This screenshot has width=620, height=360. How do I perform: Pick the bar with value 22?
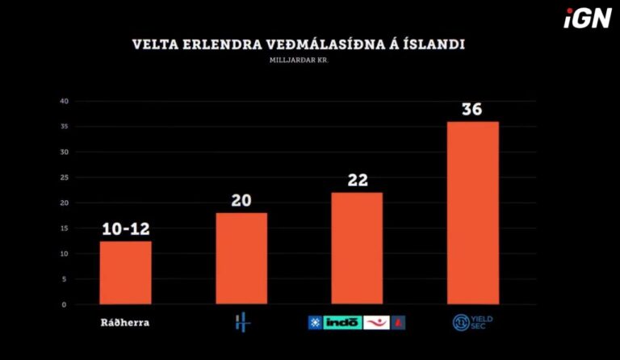pos(357,249)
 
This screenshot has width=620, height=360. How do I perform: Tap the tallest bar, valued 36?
pos(473,213)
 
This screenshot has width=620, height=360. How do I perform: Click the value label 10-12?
pos(125,229)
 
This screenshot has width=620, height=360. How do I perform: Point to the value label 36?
pos(472,109)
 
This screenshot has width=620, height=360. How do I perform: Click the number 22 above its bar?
pos(357,180)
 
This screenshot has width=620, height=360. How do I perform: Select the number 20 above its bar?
pos(241,200)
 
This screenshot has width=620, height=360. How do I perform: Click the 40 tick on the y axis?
pos(63,101)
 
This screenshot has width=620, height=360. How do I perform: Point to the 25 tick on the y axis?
pos(63,178)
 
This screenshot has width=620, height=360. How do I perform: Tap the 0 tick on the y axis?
pos(63,304)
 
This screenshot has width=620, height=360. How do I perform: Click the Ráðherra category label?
pos(125,323)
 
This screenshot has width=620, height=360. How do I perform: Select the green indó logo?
pos(343,323)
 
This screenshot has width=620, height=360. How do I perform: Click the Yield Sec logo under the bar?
pos(473,323)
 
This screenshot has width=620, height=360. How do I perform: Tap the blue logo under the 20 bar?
pos(241,323)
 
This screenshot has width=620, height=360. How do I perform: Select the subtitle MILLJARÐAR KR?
pos(300,61)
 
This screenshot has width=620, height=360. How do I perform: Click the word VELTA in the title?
pos(153,44)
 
